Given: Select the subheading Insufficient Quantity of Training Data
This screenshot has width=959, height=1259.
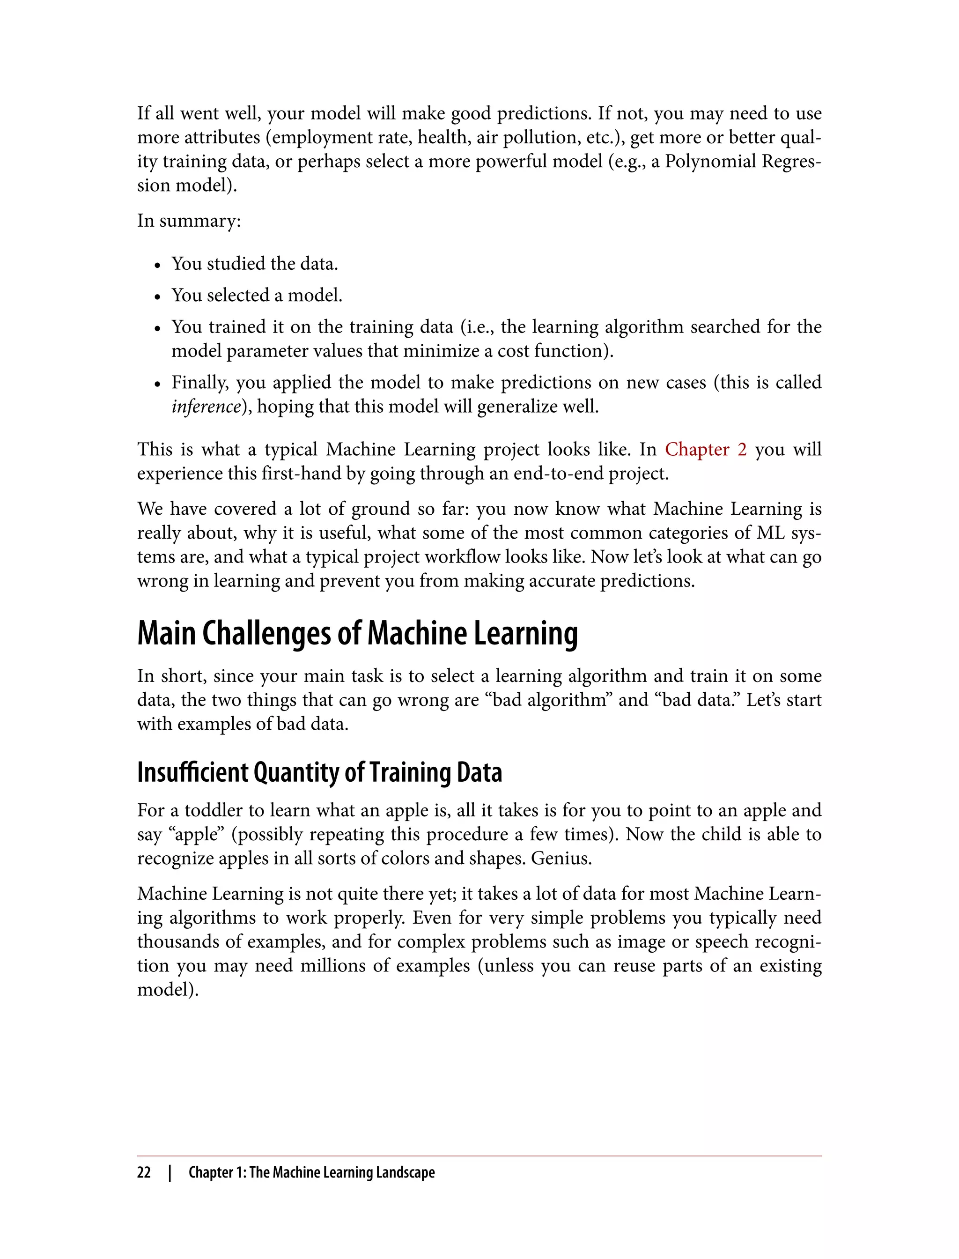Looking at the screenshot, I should pos(320,772).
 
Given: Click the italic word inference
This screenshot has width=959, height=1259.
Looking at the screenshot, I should pos(206,407).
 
